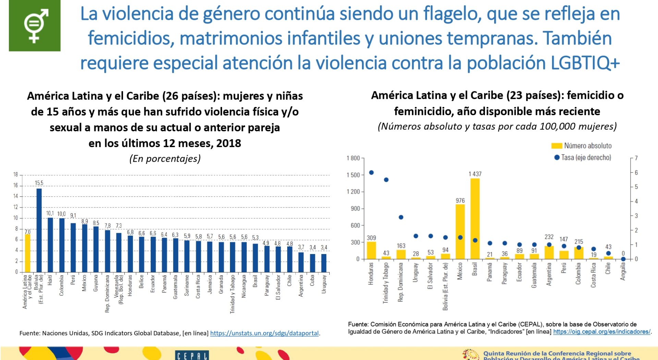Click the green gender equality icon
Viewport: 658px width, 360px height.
35,26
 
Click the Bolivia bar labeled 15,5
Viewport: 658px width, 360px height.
39,230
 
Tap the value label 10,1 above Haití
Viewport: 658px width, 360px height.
50,213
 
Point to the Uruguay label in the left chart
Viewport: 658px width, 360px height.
324,284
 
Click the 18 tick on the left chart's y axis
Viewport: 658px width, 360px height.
15,175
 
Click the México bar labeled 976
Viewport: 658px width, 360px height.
460,231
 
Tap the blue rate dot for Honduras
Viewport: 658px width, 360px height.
371,172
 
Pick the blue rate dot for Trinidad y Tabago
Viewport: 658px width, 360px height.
386,180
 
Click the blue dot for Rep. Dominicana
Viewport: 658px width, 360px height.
401,217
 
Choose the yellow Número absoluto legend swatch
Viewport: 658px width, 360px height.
557,146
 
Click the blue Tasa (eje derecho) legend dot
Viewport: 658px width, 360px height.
557,157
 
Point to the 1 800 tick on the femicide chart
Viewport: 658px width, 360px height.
353,158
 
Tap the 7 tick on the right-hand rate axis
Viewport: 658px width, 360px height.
636,158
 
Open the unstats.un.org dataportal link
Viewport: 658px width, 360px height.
264,333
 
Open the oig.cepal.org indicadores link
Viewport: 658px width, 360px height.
601,332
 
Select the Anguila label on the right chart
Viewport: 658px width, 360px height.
623,272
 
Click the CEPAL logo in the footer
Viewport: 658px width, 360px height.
192,356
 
